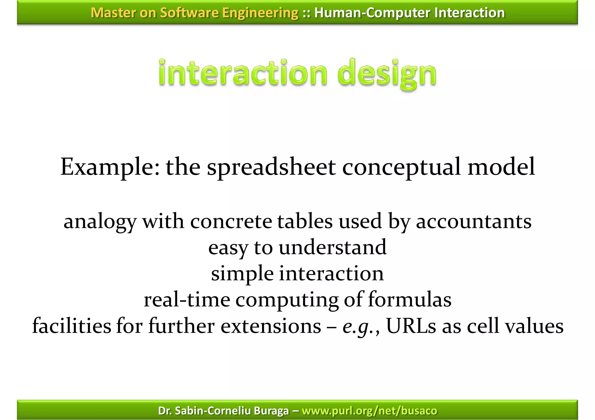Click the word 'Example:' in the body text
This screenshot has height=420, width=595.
pos(110,167)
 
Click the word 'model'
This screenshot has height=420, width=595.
pos(501,167)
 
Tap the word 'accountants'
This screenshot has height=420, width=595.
pos(474,221)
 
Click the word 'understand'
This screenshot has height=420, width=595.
pos(332,248)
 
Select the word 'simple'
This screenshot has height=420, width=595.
pos(242,274)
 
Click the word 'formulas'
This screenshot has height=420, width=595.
pos(410,300)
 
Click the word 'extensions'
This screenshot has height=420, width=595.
pos(271,326)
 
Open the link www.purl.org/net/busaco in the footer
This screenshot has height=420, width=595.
pos(369,411)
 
